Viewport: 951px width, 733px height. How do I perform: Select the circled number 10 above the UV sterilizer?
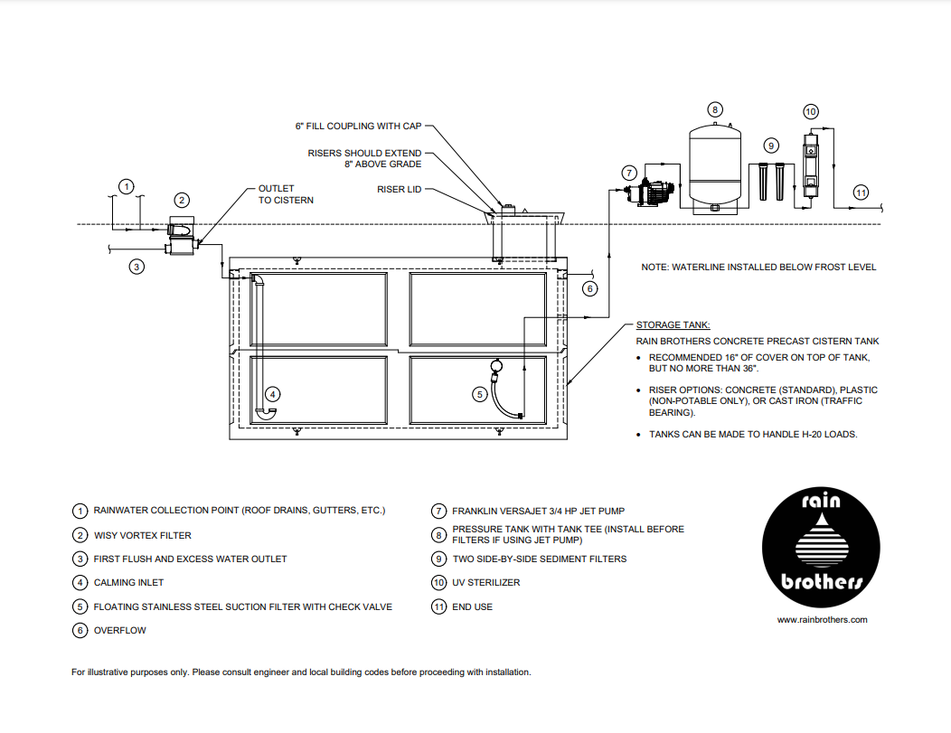[x=810, y=111]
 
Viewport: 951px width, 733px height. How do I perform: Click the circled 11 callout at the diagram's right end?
[x=862, y=193]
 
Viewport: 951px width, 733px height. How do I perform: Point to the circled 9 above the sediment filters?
[x=770, y=145]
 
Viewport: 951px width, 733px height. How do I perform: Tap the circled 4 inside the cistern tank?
[x=273, y=393]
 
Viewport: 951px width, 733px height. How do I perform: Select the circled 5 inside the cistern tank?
[x=480, y=393]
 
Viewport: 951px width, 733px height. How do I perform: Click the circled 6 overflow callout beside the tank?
[x=589, y=289]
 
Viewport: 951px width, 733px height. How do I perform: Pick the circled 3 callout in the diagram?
[x=136, y=267]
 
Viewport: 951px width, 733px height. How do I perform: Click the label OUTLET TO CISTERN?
[x=286, y=194]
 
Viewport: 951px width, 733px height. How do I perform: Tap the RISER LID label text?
[x=399, y=190]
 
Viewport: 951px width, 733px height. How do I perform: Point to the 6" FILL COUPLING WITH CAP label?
[x=359, y=127]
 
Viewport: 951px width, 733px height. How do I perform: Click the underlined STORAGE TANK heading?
[x=673, y=324]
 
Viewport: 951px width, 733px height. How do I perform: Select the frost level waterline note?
[x=758, y=268]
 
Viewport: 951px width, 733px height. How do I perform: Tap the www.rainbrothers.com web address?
[x=822, y=620]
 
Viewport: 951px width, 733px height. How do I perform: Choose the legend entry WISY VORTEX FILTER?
[x=143, y=535]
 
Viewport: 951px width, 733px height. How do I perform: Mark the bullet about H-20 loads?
[x=752, y=434]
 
